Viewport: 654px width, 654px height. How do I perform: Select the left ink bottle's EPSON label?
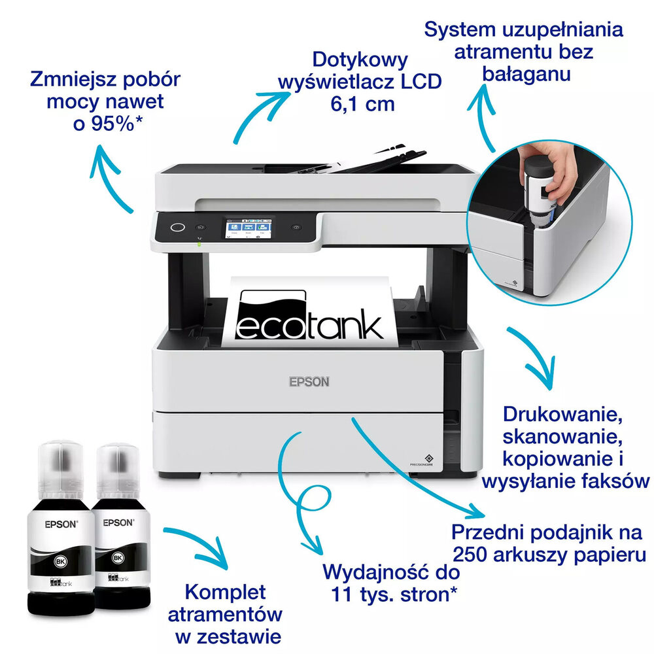click(x=61, y=523)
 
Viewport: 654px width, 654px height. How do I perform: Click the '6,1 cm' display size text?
click(x=362, y=103)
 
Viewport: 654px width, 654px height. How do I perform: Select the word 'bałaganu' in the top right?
click(x=526, y=73)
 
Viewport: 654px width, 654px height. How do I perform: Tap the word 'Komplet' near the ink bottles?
click(x=226, y=593)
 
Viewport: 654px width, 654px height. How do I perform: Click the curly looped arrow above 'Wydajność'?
click(x=304, y=504)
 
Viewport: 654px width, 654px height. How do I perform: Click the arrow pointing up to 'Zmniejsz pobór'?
click(x=111, y=177)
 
